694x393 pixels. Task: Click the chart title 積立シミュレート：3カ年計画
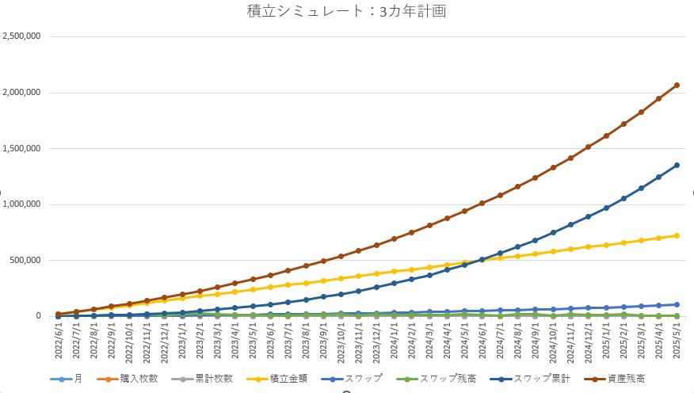[x=347, y=11]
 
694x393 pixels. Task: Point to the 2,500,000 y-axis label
[x=23, y=36]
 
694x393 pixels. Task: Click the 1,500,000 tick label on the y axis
[x=23, y=148]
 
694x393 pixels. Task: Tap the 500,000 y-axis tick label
[x=28, y=260]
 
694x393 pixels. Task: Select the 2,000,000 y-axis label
[x=23, y=93]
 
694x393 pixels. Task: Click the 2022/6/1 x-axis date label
[x=59, y=341]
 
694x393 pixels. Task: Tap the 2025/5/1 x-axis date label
[x=677, y=341]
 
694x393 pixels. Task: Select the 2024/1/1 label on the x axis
[x=394, y=341]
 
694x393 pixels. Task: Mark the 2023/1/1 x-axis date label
[x=182, y=341]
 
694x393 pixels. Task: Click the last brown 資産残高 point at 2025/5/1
[x=677, y=85]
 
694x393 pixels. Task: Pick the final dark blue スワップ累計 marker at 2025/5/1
[x=677, y=165]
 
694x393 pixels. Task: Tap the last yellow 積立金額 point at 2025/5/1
[x=677, y=235]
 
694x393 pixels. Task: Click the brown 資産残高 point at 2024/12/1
[x=589, y=147]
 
